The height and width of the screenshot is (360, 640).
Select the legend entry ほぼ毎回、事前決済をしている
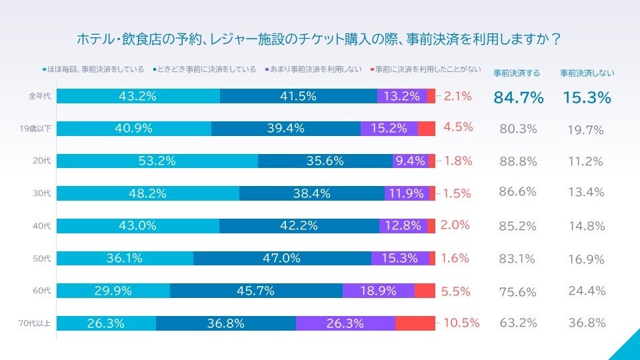pos(95,69)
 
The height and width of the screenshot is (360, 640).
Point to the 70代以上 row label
pos(35,324)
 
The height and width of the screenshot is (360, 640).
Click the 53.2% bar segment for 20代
pos(157,161)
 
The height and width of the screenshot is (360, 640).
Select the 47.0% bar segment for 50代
pos(282,258)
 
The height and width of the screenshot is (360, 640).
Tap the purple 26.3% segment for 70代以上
pos(345,323)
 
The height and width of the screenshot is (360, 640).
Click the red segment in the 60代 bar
pos(424,291)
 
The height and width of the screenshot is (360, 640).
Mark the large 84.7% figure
pos(519,97)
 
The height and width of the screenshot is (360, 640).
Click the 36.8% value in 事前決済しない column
pos(587,323)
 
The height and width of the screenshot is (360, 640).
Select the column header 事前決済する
pos(517,73)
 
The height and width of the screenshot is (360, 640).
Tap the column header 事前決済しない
pos(587,73)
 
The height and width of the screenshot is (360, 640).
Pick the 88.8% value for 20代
pos(518,161)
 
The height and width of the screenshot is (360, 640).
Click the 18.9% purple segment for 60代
pos(378,291)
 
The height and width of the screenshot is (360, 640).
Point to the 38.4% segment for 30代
pos(311,193)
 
